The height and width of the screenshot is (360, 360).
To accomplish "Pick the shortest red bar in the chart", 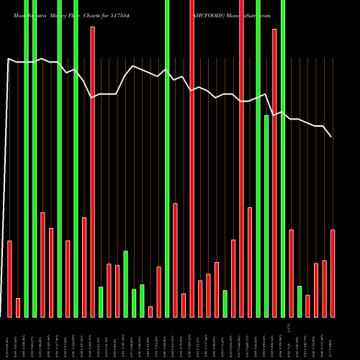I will point(150,312).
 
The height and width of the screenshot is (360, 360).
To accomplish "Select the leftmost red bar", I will point(9,279).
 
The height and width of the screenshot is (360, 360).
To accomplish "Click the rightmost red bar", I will point(333,273).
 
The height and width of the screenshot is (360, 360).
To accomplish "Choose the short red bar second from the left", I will point(18,307).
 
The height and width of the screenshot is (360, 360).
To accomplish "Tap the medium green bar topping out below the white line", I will point(266,216).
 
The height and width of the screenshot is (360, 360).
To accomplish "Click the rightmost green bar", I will point(300,301).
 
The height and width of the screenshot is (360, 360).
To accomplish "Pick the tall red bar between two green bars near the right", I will point(274,173).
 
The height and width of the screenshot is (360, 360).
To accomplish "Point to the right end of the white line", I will point(332,137).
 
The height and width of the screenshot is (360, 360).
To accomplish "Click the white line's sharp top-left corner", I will point(8,59).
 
